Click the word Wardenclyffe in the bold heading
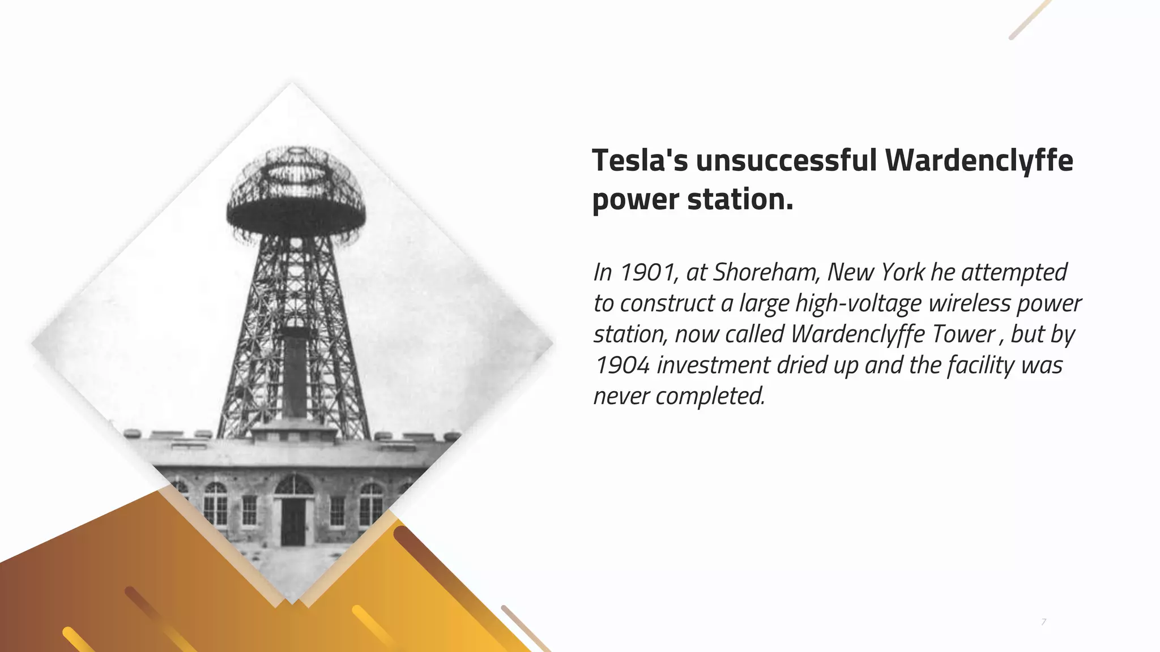coord(979,161)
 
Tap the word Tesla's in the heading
coord(639,161)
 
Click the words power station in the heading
coord(692,200)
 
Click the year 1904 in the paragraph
coord(621,365)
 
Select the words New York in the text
coord(876,273)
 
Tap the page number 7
coord(1044,623)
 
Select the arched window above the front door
coord(293,485)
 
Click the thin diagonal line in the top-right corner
coord(1030,20)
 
